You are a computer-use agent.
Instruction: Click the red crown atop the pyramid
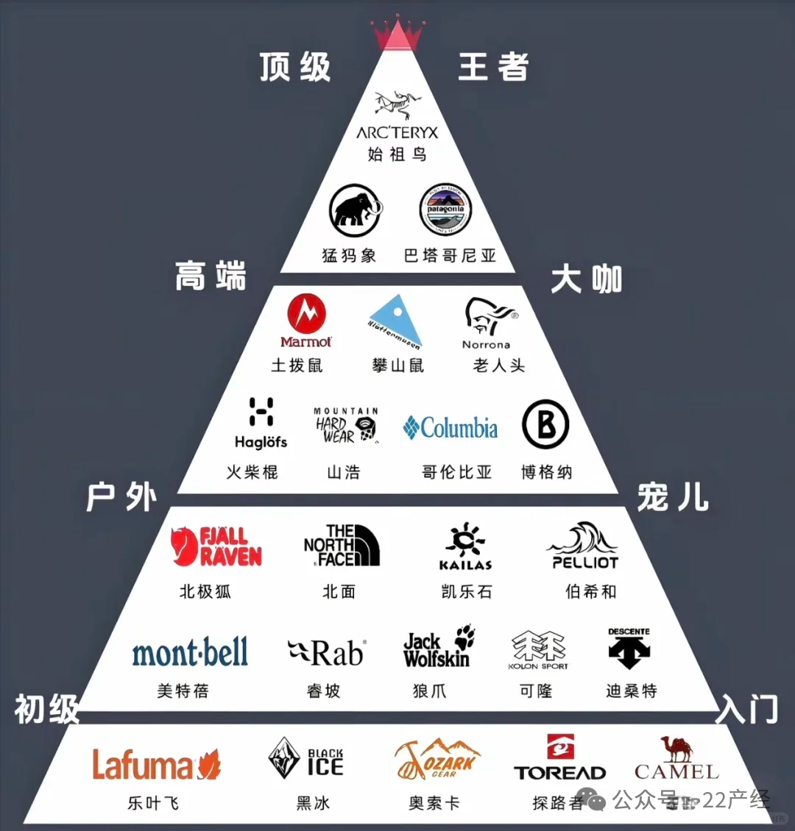tap(397, 34)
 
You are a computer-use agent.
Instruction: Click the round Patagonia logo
tap(445, 210)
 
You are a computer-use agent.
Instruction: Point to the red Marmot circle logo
tap(307, 314)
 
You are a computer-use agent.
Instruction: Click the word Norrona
tap(486, 344)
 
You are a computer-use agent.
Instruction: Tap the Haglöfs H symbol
tap(261, 412)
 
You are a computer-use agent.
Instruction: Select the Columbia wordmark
tap(451, 428)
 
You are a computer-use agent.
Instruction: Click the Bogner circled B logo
tap(545, 425)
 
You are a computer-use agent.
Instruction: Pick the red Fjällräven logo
tap(216, 546)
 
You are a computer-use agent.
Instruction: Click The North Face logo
tap(342, 545)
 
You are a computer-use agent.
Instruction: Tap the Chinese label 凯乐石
tap(466, 591)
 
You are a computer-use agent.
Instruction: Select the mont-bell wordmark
tap(190, 652)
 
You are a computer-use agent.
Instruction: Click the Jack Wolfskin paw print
tap(464, 637)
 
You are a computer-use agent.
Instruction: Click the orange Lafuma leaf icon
tap(209, 765)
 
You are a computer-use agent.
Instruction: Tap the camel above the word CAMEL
tap(676, 749)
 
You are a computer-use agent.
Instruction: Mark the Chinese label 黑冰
tap(313, 803)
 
